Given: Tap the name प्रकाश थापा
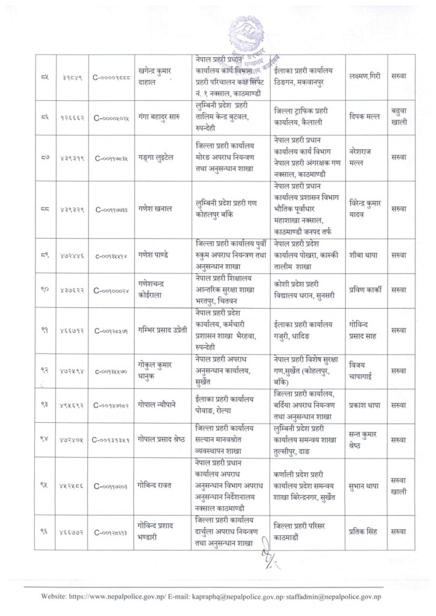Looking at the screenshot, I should tap(365, 406).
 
